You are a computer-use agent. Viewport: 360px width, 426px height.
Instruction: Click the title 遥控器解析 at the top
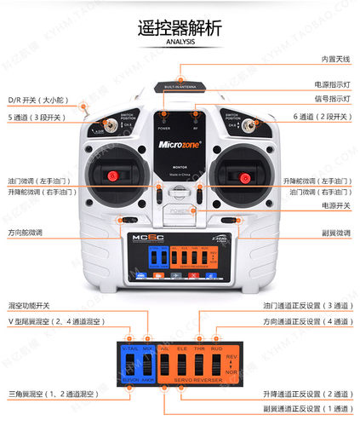pos(180,27)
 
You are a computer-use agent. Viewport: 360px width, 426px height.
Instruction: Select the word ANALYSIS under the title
pos(180,42)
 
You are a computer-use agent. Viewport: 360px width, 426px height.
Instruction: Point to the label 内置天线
pos(334,59)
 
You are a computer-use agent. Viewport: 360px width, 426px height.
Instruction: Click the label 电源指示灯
pos(331,85)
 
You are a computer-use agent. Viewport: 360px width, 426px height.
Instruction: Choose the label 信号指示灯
pos(331,100)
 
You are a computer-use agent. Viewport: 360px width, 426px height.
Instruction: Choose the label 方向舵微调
pos(26,232)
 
